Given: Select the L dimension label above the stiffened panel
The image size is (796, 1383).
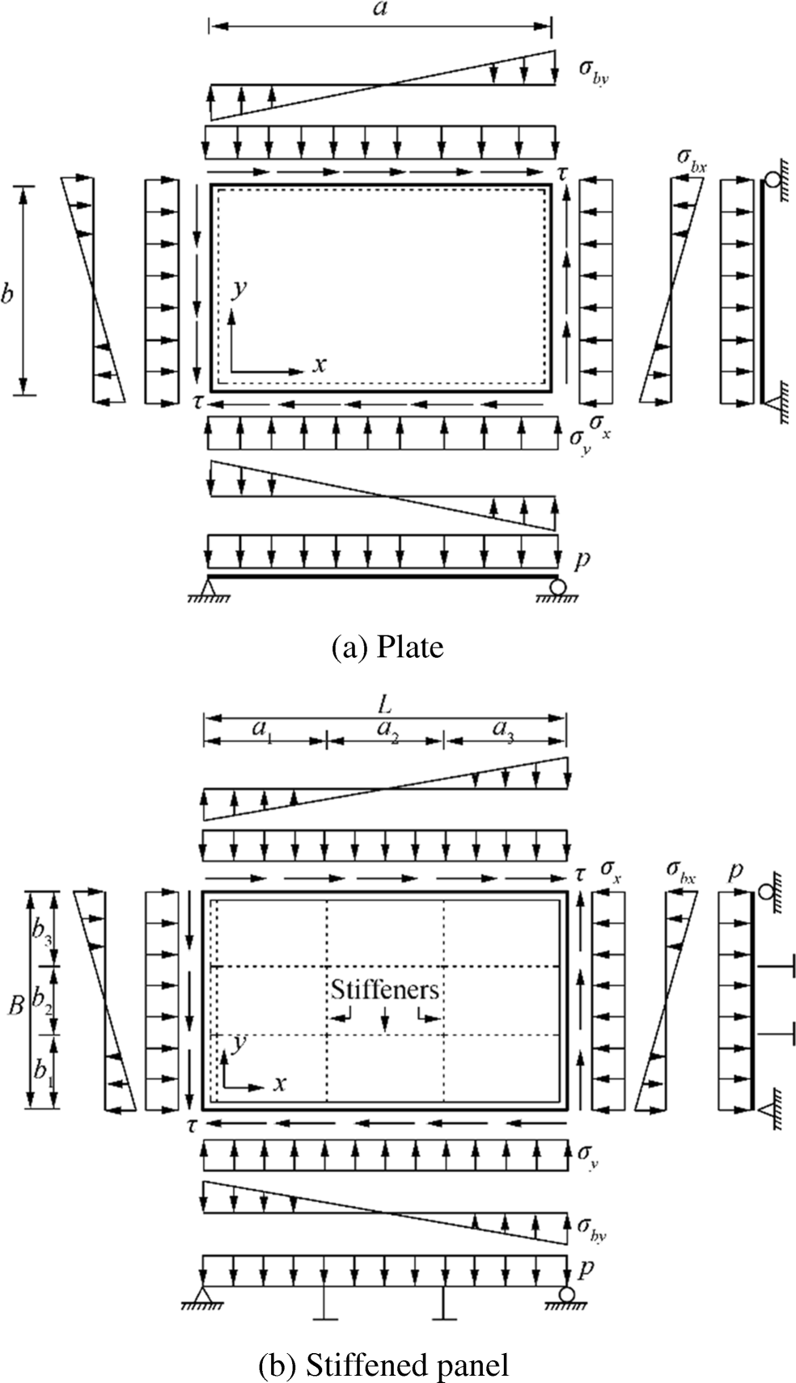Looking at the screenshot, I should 385,705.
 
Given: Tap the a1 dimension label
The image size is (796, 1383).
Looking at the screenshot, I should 262,729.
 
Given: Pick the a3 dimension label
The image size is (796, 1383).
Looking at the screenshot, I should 503,729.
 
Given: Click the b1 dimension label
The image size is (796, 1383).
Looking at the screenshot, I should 41,1069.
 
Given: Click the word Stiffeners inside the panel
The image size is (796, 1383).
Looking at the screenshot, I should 385,989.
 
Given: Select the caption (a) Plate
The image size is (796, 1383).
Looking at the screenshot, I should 388,647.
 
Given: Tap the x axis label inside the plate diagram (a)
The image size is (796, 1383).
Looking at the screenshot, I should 320,365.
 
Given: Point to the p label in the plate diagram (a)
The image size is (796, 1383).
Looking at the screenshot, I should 581,559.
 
